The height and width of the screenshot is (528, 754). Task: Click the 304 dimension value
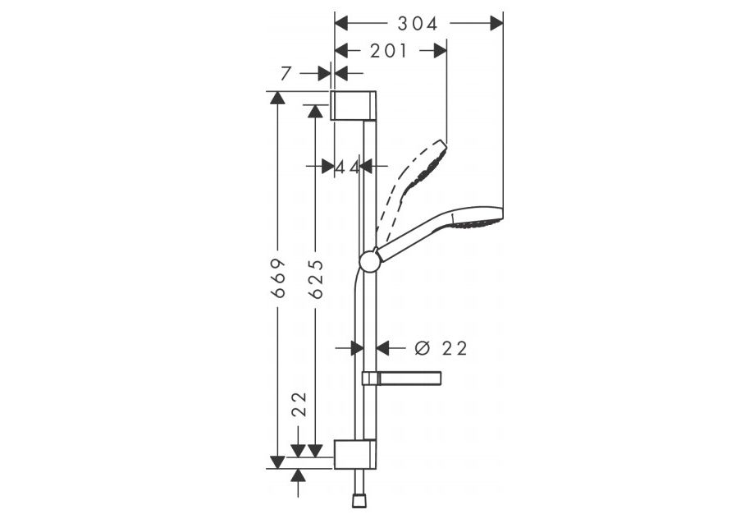coord(418,23)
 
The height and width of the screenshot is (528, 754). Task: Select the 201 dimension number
coord(389,51)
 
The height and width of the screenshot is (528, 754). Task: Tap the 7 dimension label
coord(286,74)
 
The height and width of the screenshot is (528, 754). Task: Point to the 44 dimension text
coord(347,167)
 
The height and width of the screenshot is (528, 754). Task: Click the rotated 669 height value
coord(278,278)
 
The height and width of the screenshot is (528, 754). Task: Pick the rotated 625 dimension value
coord(316,279)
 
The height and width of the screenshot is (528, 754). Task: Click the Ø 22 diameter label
coord(441,347)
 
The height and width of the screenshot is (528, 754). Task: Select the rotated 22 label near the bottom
coord(299,403)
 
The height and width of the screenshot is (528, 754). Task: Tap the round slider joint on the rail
coord(370,261)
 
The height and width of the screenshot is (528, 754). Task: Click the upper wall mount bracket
coord(354,105)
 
